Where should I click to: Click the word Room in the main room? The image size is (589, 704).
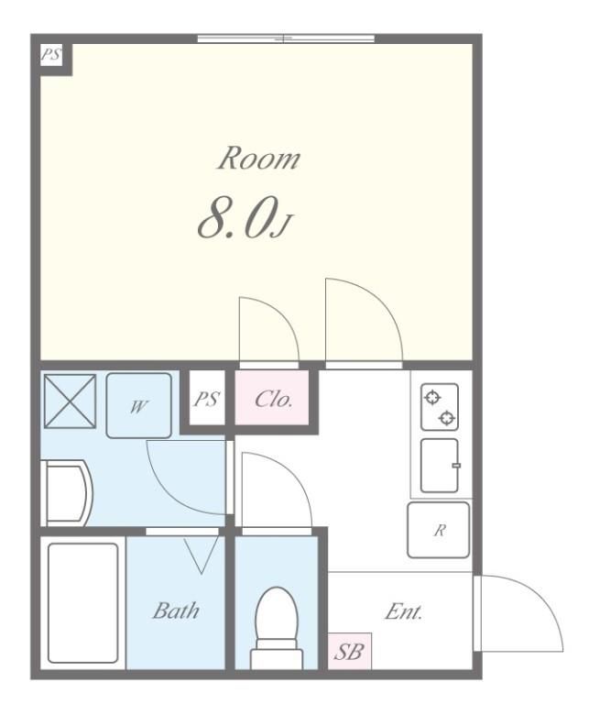(259, 158)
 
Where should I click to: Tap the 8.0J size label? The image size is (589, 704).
(245, 220)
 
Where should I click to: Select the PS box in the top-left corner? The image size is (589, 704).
(50, 55)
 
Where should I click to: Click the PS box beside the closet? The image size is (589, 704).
(207, 398)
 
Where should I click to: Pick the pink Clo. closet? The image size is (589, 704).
(272, 397)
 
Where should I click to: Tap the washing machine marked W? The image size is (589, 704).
(138, 405)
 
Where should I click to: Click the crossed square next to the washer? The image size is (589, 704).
(70, 401)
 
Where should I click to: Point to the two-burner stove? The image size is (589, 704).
(440, 407)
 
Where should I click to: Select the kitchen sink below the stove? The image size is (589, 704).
(440, 466)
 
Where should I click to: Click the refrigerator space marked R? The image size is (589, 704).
(438, 530)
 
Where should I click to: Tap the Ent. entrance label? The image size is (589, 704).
(404, 611)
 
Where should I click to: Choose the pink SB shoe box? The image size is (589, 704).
(349, 651)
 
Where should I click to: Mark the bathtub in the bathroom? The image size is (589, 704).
(83, 603)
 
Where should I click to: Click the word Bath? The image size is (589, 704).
(176, 610)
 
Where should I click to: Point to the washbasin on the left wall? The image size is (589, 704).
(66, 492)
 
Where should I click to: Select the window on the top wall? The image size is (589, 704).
(286, 38)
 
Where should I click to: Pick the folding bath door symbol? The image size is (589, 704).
(201, 555)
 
